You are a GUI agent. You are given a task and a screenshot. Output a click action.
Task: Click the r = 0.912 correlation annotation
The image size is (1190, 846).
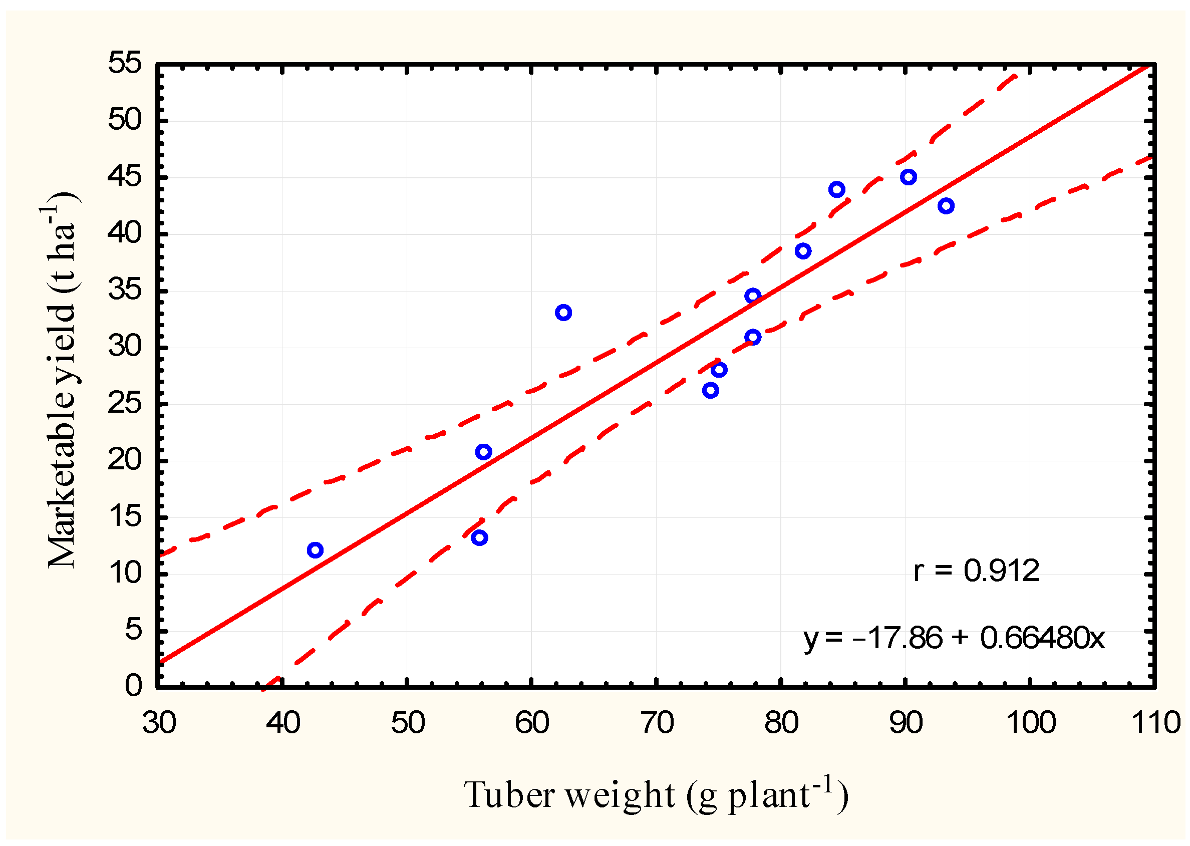pyautogui.click(x=976, y=571)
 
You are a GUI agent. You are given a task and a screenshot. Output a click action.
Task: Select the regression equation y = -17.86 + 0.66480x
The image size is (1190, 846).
pyautogui.click(x=954, y=638)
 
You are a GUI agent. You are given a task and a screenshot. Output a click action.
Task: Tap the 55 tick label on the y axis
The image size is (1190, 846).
pyautogui.click(x=125, y=64)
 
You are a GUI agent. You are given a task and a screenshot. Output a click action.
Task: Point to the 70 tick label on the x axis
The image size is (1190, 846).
pyautogui.click(x=657, y=723)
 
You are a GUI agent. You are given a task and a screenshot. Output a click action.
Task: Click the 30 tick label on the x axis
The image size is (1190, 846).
pyautogui.click(x=159, y=723)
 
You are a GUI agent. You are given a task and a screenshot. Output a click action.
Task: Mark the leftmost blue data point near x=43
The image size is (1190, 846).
pyautogui.click(x=315, y=550)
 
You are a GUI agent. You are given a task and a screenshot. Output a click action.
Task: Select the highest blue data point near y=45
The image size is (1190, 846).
pyautogui.click(x=908, y=177)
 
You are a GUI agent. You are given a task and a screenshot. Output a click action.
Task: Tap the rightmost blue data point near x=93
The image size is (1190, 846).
pyautogui.click(x=946, y=206)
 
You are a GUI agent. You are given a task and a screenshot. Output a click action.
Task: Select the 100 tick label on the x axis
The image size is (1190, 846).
pyautogui.click(x=1031, y=723)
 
